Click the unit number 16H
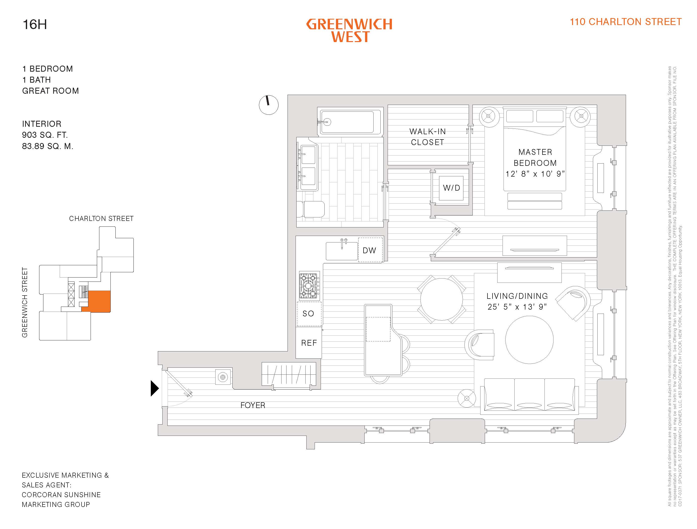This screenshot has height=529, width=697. coord(35,25)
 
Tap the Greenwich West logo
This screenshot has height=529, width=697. coord(349,31)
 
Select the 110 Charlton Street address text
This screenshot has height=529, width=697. coord(625,22)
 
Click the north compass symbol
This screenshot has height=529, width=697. coord(268,105)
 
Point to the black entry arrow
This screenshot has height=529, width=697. coord(154,388)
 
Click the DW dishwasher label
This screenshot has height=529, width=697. coord(370,250)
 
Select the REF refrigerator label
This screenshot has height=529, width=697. coord(309,343)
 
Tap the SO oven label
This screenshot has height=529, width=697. coord(308,314)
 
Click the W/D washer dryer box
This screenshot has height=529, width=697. coord(451,188)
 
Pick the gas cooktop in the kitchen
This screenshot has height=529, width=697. coord(309,286)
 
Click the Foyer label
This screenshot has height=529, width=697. coord(253,405)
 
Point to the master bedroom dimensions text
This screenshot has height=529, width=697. coord(535,174)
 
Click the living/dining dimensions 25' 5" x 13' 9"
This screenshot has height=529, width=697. coord(517,307)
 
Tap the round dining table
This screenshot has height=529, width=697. coord(442,299)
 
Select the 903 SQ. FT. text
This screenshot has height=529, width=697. coord(45,135)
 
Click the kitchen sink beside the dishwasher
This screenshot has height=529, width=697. coord(341,251)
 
